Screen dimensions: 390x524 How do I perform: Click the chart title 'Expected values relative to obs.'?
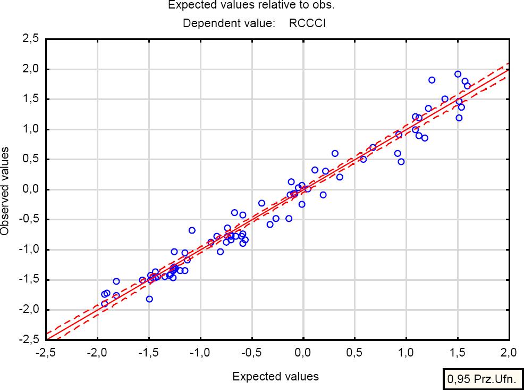(251, 5)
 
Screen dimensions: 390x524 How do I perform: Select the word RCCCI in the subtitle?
(307, 23)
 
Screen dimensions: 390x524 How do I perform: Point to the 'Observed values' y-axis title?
(5, 191)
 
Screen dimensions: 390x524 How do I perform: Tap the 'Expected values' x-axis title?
(275, 377)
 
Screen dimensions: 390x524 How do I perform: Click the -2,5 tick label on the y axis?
(30, 339)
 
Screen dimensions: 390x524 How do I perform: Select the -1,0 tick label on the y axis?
(30, 250)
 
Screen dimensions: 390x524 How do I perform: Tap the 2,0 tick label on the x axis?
(509, 352)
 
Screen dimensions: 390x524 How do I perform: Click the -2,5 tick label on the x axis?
(45, 352)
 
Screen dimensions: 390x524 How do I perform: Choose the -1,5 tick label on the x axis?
(148, 352)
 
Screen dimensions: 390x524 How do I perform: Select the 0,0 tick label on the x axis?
(303, 352)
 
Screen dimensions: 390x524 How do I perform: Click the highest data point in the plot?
(458, 74)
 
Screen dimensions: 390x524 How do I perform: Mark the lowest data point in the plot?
(104, 303)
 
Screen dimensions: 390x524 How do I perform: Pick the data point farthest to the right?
(467, 86)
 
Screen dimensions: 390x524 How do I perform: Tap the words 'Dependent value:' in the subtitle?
(229, 23)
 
